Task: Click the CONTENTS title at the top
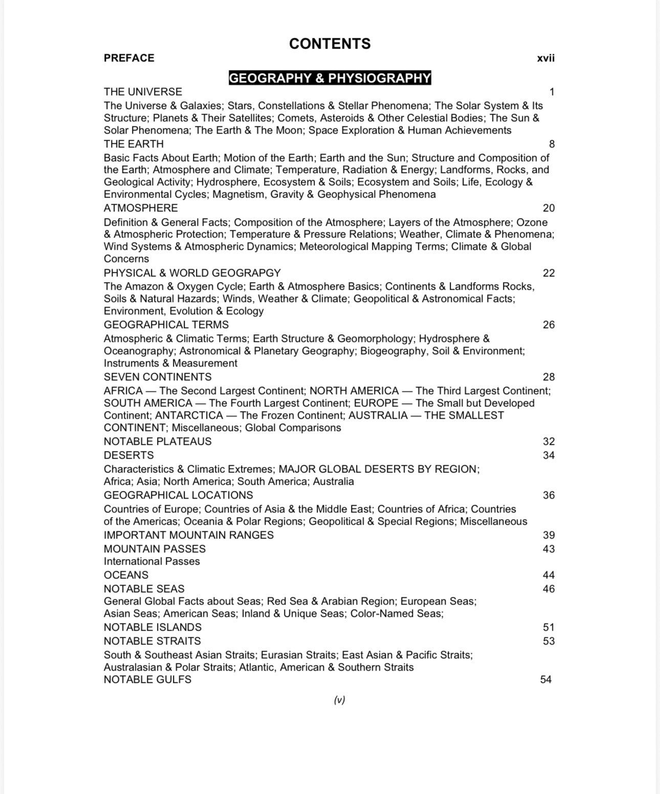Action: [x=329, y=44]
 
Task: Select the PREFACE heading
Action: [x=129, y=58]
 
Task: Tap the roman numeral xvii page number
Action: [x=545, y=58]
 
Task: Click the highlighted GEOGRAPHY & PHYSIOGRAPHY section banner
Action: [x=329, y=78]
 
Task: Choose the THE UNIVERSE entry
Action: [x=143, y=92]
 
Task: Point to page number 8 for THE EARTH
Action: [x=552, y=144]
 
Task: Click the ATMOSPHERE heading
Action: [x=141, y=208]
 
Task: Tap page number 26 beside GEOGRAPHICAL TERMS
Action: [x=548, y=325]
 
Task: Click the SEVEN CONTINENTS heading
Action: [x=158, y=377]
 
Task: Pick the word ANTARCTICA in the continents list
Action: [x=189, y=415]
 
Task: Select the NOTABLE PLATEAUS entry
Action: [x=158, y=441]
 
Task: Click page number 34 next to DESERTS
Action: [x=548, y=455]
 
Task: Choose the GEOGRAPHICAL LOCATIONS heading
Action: [x=178, y=495]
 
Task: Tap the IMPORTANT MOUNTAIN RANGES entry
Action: [x=188, y=535]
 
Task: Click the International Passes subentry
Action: [x=151, y=561]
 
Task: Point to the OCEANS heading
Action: [x=126, y=575]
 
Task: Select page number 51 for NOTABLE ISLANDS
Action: [x=548, y=627]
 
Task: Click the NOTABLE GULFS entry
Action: [x=147, y=679]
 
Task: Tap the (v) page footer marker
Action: [x=339, y=700]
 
